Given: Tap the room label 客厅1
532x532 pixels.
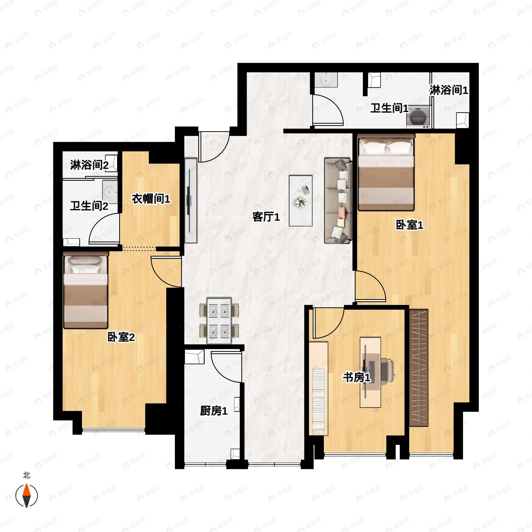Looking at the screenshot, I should click(x=266, y=217).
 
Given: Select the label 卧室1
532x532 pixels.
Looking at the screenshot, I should click(x=409, y=225).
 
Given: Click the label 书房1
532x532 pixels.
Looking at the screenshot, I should click(x=357, y=377).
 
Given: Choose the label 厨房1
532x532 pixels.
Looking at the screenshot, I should click(x=214, y=411).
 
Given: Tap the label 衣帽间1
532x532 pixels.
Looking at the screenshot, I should click(x=151, y=199).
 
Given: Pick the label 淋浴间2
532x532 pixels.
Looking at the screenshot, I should click(x=89, y=165).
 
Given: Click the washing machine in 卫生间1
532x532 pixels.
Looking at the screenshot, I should click(x=418, y=117).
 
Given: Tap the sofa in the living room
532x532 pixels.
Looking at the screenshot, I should click(x=338, y=201).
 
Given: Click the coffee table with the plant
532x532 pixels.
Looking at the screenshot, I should click(x=300, y=201).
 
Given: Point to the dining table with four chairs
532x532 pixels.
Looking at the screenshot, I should click(x=219, y=321).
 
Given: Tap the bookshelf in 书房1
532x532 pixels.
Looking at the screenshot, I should click(x=318, y=389).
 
